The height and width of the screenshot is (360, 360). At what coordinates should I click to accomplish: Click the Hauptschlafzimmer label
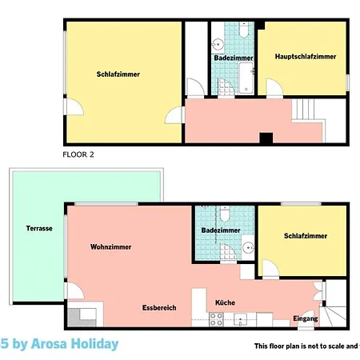click(x=305, y=57)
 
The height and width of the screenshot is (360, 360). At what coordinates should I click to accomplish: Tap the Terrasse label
click(x=38, y=228)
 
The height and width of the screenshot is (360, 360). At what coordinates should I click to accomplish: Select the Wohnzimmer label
click(x=110, y=247)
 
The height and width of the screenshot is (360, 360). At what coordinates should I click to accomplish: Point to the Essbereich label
click(x=159, y=307)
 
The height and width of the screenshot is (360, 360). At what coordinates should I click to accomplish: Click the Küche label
click(x=225, y=302)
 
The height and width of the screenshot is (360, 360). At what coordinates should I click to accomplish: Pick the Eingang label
click(x=306, y=318)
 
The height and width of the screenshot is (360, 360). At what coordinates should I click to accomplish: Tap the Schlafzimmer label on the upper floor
click(x=118, y=74)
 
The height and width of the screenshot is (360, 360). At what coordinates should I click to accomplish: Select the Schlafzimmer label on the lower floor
click(x=305, y=236)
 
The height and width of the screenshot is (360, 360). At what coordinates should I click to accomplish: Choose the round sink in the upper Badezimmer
click(x=218, y=43)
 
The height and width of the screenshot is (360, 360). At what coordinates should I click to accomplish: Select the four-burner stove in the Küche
click(x=217, y=320)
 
